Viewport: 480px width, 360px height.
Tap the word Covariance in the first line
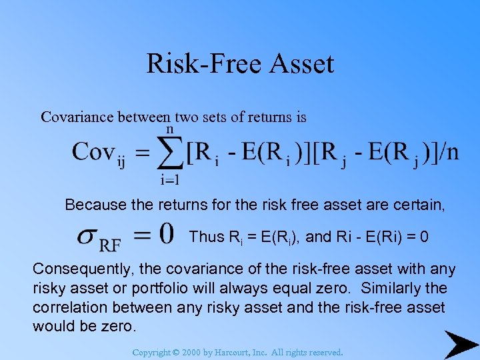77,117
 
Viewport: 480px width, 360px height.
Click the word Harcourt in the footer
248,352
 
